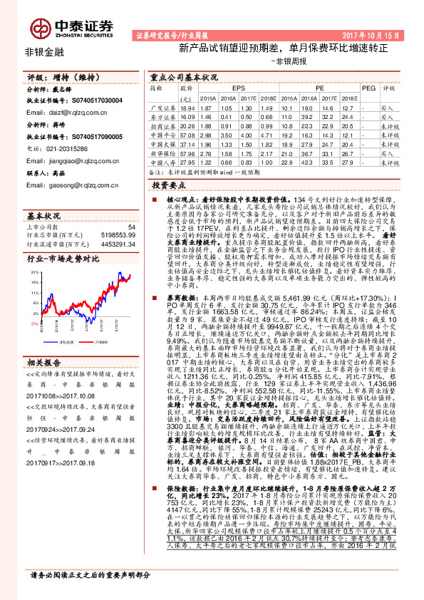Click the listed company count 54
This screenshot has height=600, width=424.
(130, 227)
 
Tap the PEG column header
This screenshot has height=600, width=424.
(368, 88)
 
